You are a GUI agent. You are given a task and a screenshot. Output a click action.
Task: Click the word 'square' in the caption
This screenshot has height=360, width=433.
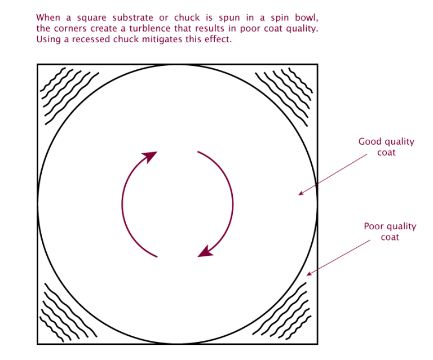pos(92,18)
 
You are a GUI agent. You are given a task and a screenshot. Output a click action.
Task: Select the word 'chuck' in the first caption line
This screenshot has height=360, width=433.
pos(187,17)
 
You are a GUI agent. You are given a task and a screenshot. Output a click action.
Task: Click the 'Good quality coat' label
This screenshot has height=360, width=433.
pos(386,146)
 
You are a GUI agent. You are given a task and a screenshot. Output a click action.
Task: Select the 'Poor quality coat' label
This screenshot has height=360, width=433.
pos(390,232)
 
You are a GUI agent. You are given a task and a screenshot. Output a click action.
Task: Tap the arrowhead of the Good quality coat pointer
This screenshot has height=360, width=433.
pos(301,193)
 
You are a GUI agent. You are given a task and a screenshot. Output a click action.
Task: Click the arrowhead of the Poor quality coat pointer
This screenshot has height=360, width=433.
pos(309,274)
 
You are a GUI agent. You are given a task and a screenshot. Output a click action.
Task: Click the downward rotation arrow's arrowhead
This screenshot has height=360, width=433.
pos(205,252)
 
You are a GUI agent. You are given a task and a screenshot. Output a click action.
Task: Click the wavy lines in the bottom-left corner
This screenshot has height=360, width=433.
pos(68,313)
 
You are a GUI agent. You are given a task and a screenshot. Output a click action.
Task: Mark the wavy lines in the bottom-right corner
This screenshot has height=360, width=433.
pos(282,311)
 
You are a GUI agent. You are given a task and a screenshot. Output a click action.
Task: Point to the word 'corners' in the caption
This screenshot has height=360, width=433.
pos(70,29)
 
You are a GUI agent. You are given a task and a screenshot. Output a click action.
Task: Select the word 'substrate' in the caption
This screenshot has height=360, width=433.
pos(133,17)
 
